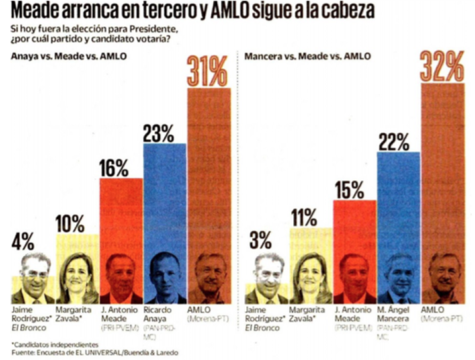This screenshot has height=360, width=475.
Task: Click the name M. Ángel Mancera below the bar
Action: pos(395,314)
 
